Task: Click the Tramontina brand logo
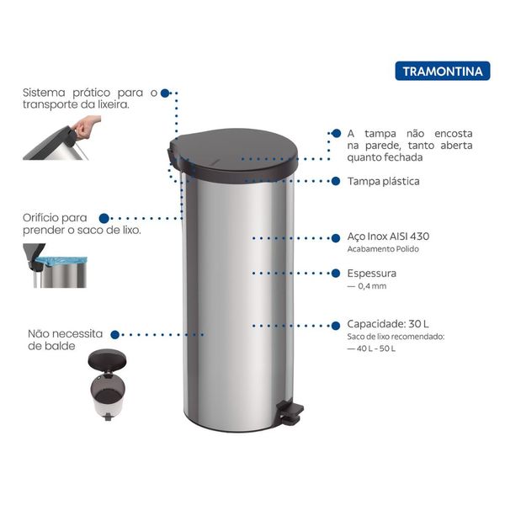443,71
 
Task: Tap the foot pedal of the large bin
291,412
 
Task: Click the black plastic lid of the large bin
233,155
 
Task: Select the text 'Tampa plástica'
383,181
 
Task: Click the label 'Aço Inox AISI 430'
388,237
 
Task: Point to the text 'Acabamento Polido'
383,249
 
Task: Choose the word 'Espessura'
371,274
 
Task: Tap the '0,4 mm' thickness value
372,286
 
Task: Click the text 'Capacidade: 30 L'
388,324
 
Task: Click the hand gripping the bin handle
85,127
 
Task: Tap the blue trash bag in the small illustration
61,261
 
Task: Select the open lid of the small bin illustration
107,359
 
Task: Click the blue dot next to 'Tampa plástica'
336,181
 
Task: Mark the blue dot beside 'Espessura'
336,273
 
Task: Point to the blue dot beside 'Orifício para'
104,218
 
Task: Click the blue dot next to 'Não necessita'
115,335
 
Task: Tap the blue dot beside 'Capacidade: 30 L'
336,326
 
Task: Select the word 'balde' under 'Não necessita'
61,346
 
